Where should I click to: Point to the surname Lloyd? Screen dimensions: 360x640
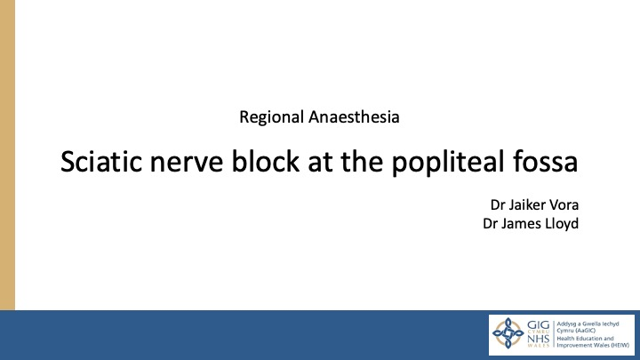click(561, 223)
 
